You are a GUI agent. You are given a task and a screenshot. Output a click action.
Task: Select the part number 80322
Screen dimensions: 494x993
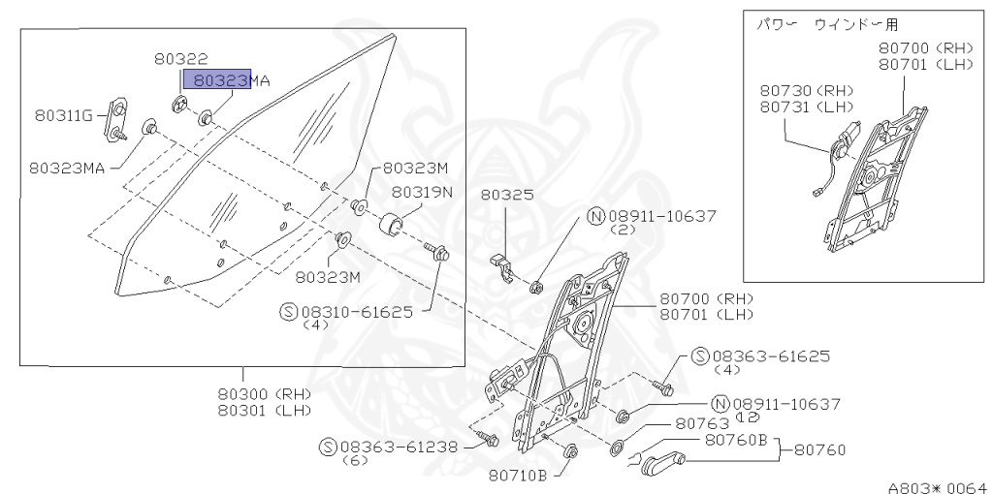click(180, 59)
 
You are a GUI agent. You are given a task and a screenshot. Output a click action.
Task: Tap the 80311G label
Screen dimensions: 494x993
click(63, 116)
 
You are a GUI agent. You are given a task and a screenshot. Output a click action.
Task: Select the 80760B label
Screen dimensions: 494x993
click(735, 441)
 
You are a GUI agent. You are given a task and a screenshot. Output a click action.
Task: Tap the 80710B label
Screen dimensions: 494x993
click(518, 475)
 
